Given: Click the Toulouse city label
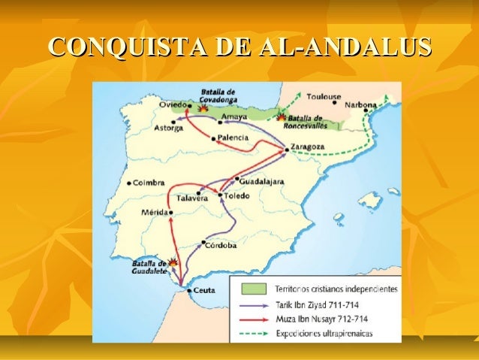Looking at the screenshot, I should [x=324, y=97].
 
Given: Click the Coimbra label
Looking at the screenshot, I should [x=149, y=182].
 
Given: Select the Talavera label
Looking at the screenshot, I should [x=191, y=198].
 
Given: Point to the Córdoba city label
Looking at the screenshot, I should [x=221, y=245].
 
